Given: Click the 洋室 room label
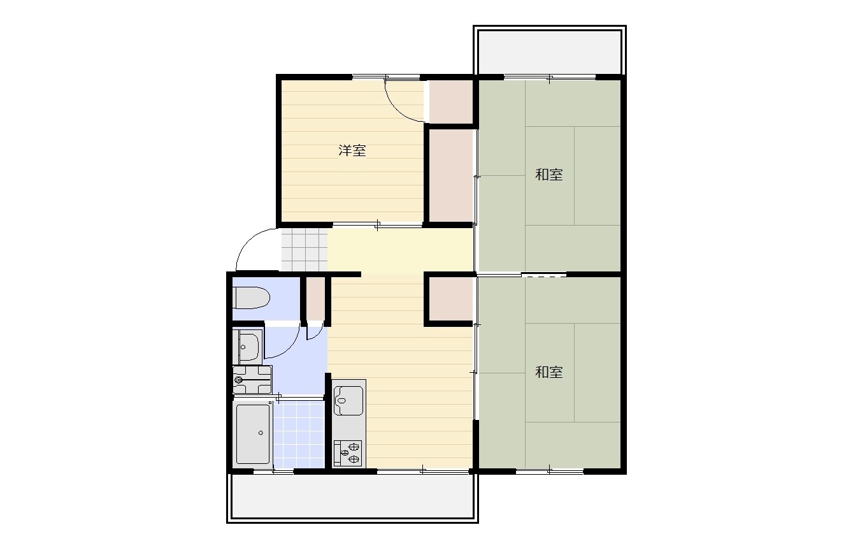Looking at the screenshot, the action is [x=352, y=150].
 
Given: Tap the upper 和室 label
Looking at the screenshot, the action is [x=548, y=175].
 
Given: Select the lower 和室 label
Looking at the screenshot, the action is [x=548, y=371].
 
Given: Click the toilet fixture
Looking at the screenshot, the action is [x=252, y=298].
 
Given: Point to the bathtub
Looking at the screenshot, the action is [x=253, y=433].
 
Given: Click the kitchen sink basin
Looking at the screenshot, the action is [x=348, y=400].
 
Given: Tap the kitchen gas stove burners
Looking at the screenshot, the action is [x=347, y=453].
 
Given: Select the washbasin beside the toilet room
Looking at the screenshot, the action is [x=249, y=347].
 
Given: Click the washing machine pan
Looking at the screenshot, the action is [x=252, y=380].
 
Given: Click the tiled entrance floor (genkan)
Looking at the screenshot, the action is [x=305, y=249].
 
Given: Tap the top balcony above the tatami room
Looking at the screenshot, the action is [x=550, y=52].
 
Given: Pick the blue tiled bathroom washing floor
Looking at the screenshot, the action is [x=299, y=434].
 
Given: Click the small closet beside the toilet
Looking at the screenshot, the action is [x=316, y=299].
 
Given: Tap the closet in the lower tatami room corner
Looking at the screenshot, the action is [x=451, y=299].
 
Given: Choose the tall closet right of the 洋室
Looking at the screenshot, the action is [x=451, y=176].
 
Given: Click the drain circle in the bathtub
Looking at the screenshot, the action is [x=261, y=433].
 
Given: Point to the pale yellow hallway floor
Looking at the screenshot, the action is [x=400, y=250].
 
